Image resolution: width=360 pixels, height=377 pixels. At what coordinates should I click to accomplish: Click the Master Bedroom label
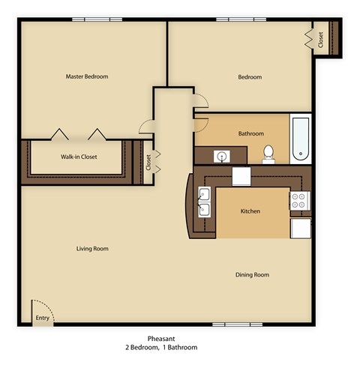86,76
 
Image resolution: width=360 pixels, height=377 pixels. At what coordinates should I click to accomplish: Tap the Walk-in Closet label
79,157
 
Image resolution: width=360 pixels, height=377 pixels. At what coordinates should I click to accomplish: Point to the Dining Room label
251,275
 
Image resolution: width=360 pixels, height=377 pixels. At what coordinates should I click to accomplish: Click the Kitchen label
250,211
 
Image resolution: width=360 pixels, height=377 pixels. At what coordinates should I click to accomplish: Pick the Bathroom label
250,134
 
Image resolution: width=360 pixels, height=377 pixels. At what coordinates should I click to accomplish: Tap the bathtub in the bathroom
299,139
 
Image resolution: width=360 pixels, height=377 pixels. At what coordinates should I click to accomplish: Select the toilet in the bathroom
268,154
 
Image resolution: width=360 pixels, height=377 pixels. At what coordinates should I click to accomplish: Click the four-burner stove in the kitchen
299,200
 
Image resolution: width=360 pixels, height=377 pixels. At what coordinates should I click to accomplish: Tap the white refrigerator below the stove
300,228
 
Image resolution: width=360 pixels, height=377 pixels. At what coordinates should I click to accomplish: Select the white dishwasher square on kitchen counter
241,176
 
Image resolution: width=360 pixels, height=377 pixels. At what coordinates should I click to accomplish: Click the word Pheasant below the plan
161,339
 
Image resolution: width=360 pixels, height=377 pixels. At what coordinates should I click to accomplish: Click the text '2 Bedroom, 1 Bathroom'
161,349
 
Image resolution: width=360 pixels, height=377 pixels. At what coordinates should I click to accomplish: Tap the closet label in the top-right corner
320,39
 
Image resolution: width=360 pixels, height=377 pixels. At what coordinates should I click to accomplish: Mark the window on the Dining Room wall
229,325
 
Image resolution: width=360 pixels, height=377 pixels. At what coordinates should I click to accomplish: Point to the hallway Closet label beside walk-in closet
148,162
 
